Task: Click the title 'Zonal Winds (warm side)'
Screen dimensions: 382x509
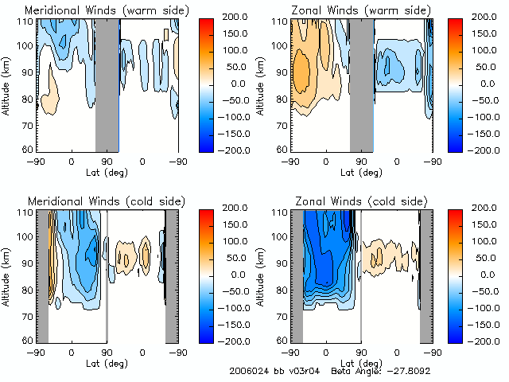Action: (359, 10)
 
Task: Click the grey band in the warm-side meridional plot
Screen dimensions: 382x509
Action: (107, 84)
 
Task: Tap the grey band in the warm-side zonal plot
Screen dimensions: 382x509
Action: (361, 84)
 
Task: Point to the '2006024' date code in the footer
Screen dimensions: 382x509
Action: (246, 372)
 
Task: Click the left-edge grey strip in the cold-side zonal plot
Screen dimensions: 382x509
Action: (297, 275)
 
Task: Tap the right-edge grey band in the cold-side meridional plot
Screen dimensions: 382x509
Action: (171, 275)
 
